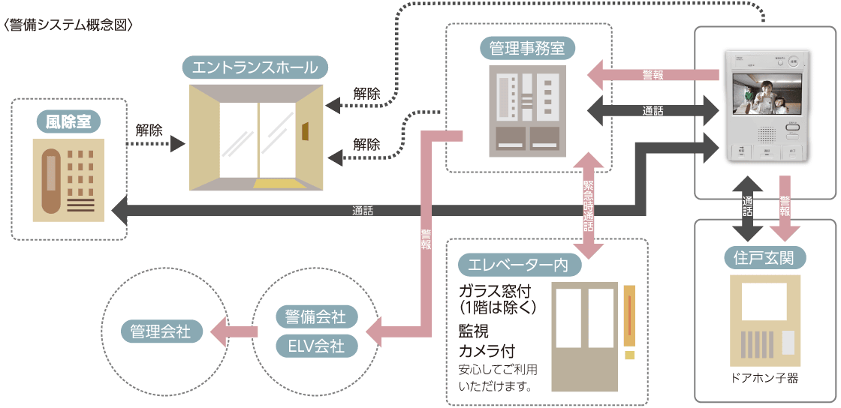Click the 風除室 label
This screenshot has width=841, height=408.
pyautogui.click(x=68, y=121)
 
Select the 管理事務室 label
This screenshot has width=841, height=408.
pyautogui.click(x=527, y=49)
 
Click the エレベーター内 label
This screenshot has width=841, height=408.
pyautogui.click(x=516, y=265)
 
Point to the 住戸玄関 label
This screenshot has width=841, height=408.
pyautogui.click(x=764, y=258)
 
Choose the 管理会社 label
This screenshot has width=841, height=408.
pyautogui.click(x=161, y=331)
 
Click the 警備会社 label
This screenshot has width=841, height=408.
pyautogui.click(x=316, y=316)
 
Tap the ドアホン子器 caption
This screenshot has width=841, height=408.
pyautogui.click(x=764, y=379)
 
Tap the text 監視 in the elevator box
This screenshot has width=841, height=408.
pyautogui.click(x=475, y=331)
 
